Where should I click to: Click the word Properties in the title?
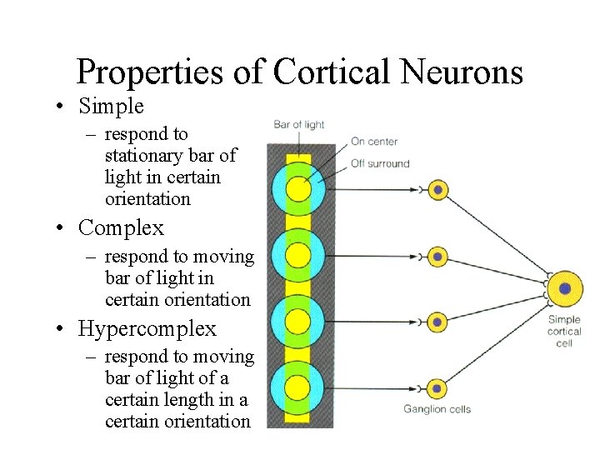(150, 73)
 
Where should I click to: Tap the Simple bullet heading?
(111, 107)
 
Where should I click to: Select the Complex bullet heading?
(121, 227)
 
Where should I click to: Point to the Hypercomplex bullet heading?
(147, 329)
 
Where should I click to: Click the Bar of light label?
(299, 125)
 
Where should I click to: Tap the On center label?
(374, 142)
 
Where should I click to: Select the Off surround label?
(380, 163)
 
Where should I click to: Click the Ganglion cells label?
(437, 409)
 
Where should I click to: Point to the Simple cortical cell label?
(564, 331)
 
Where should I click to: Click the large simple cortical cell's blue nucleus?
(565, 288)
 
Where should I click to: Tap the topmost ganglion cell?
(437, 190)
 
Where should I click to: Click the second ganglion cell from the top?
(437, 256)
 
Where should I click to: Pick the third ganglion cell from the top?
(437, 321)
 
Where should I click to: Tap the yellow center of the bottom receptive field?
(298, 387)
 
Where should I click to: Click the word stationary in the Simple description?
(147, 156)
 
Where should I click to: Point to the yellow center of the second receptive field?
(298, 256)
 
